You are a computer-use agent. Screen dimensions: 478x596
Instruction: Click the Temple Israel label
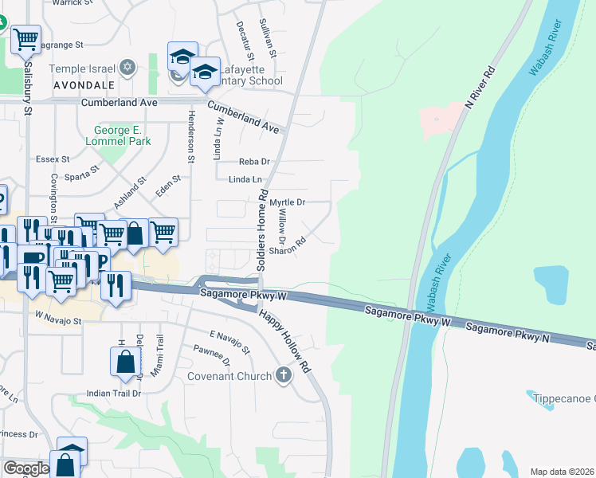(82, 69)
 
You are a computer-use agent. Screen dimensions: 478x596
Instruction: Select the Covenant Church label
(229, 376)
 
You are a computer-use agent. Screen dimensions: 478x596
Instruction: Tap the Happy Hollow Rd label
(284, 342)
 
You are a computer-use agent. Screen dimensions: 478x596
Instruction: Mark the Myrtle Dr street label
(288, 202)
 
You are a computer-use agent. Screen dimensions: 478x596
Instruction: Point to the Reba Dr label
(254, 162)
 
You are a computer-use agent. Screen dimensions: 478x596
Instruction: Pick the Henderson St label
(191, 135)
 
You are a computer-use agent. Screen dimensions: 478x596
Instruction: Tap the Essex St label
(53, 159)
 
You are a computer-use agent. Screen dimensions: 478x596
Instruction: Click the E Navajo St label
(230, 340)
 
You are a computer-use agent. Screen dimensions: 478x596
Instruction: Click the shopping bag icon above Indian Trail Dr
(126, 362)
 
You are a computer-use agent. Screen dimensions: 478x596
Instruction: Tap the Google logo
(25, 468)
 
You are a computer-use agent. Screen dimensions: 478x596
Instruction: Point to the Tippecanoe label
(561, 398)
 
